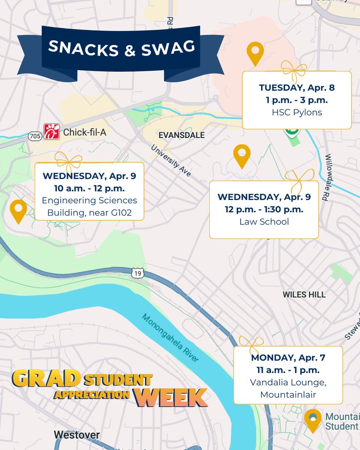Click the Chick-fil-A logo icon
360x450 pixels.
(52, 132)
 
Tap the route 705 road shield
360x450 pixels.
(34, 136)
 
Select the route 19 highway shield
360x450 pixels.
(137, 274)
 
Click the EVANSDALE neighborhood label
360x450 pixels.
(181, 135)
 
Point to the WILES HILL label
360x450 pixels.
(304, 295)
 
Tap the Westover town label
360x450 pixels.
(77, 435)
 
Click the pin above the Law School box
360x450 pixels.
(242, 155)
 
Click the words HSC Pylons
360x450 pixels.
(297, 112)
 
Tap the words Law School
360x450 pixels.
(264, 222)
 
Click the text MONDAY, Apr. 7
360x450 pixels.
(288, 358)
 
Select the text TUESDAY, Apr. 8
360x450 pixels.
(297, 88)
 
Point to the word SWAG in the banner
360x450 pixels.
(168, 47)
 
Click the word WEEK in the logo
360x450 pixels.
(171, 398)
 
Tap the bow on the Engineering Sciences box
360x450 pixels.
(68, 160)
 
